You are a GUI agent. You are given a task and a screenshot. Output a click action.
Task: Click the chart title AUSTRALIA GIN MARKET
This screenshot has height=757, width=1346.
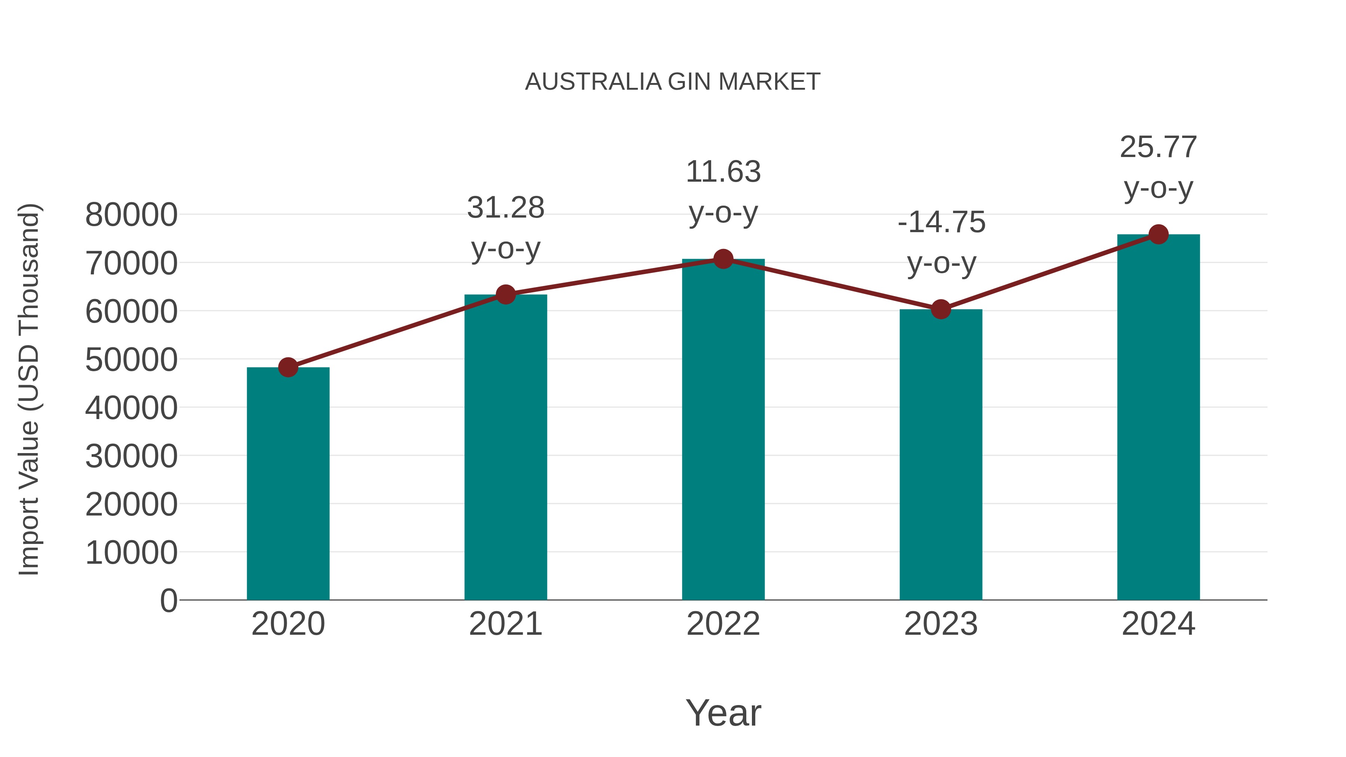[x=673, y=82]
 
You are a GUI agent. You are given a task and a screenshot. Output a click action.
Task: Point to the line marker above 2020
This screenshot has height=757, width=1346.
[x=288, y=367]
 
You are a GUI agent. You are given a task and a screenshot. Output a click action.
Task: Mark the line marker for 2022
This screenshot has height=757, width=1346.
[x=723, y=259]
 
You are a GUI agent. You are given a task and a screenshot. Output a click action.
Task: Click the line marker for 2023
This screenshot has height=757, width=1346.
[x=941, y=309]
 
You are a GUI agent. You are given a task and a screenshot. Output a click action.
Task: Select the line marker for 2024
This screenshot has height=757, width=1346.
[x=1158, y=234]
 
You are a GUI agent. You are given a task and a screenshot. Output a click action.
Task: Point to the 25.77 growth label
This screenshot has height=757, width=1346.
[x=1158, y=148]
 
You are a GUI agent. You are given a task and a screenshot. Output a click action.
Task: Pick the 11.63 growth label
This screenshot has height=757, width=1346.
[x=723, y=172]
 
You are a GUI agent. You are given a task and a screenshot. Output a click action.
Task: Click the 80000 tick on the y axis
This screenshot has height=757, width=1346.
[x=131, y=215]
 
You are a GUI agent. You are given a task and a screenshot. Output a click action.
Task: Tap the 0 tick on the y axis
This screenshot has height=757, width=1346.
[x=168, y=601]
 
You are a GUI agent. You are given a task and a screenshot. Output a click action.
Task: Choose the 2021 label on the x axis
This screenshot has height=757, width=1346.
[x=505, y=624]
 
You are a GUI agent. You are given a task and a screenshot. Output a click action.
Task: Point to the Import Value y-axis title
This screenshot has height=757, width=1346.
[x=29, y=389]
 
